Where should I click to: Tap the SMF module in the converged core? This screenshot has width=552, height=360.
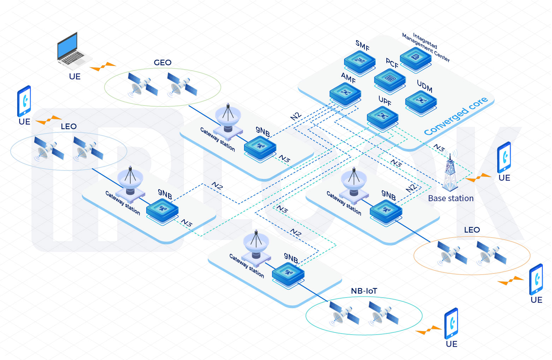[x=360, y=62]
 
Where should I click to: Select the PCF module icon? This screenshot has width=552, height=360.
[x=390, y=79]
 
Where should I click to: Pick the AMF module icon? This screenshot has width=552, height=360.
[x=345, y=94]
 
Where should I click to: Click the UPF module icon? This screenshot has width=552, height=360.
[x=382, y=117]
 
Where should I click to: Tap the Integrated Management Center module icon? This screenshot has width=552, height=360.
[x=416, y=58]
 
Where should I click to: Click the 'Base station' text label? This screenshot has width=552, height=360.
[x=451, y=198]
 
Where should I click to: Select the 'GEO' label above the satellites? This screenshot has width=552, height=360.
[x=162, y=62]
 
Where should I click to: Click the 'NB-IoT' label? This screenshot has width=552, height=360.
[x=364, y=291]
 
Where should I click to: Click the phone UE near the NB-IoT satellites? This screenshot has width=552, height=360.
[x=451, y=323]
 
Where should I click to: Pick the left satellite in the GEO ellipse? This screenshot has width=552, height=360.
[x=142, y=85]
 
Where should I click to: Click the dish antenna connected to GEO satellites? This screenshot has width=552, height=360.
[x=228, y=118]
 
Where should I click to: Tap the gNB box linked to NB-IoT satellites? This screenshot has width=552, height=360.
[x=288, y=273]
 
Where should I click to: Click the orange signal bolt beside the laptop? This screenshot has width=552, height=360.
[x=103, y=66]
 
